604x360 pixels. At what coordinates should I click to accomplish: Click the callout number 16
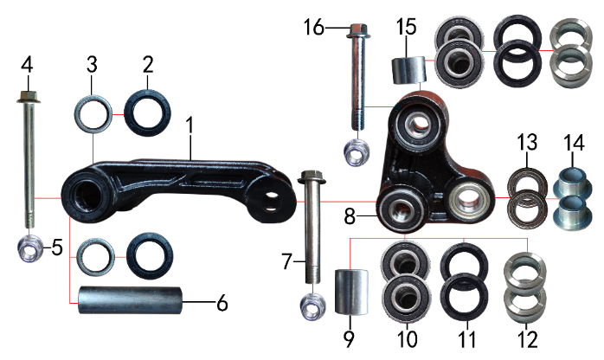pos(314,28)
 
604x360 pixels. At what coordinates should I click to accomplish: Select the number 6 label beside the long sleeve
pos(222,304)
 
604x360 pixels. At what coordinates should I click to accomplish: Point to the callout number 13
pos(527,142)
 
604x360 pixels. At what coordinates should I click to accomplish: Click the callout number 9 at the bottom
pos(348,339)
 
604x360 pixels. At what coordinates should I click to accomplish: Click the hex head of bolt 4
pos(27,96)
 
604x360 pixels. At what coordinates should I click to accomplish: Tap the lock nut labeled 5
pos(30,247)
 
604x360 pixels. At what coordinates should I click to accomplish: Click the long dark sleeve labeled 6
pos(130,300)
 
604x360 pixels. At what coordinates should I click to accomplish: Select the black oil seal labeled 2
pos(147,112)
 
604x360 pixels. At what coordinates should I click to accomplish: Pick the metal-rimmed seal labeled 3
pos(93,114)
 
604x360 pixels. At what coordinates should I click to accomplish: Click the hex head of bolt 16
pos(358,31)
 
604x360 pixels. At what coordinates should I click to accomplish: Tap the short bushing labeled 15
pos(408,70)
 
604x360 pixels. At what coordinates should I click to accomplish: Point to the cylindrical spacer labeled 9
pos(351,292)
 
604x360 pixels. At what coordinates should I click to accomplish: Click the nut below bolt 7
pos(312,306)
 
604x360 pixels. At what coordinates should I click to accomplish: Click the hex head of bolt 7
pos(312,177)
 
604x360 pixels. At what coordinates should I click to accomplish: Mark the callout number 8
pos(350,216)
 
